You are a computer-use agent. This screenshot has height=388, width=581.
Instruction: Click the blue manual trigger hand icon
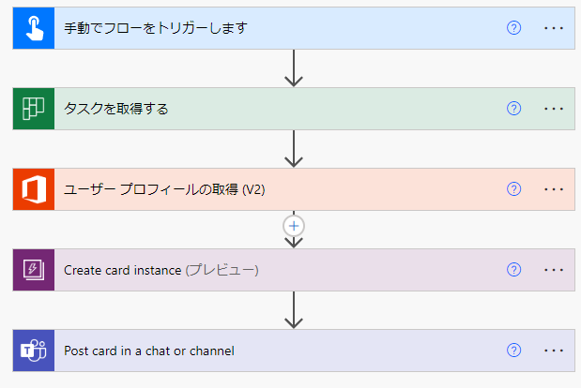[x=34, y=28]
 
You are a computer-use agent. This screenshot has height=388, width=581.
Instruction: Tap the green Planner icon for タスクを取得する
[x=34, y=109]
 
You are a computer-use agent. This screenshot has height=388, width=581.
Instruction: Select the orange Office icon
[x=34, y=189]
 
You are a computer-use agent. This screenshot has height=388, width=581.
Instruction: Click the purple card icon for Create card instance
[x=34, y=270]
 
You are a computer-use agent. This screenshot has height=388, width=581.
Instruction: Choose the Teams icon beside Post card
[x=34, y=351]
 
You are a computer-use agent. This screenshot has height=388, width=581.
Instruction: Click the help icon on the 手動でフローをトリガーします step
[x=514, y=28]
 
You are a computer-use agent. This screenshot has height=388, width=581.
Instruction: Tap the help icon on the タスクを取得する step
[x=514, y=109]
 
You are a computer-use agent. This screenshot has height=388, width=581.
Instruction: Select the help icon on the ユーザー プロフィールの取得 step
[x=514, y=189]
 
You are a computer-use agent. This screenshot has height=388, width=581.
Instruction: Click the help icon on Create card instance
[x=514, y=270]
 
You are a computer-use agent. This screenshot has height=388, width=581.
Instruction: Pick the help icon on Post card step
[x=514, y=351]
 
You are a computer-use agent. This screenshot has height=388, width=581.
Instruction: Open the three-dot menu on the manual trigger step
[x=554, y=28]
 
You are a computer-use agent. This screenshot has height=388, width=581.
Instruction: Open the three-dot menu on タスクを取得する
[x=554, y=109]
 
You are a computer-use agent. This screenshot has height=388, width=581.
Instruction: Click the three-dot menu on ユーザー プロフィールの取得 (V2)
[x=554, y=189]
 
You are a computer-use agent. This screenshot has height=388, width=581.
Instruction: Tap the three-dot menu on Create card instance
[x=554, y=270]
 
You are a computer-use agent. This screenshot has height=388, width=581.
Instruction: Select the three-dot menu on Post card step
[x=554, y=351]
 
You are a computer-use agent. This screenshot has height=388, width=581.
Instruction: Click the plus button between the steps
[x=294, y=226]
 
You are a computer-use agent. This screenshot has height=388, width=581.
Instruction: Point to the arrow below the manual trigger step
[x=294, y=68]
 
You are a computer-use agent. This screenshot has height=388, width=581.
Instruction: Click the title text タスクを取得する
[x=116, y=109]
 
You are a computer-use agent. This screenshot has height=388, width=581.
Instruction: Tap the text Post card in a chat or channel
[x=149, y=351]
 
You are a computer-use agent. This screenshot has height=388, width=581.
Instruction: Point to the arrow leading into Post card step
[x=294, y=310]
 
